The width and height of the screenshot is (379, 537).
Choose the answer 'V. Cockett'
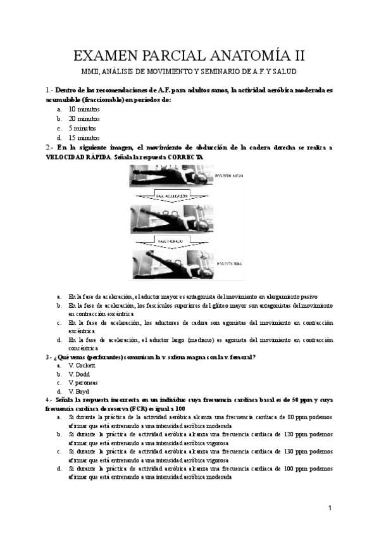pyautogui.click(x=82, y=365)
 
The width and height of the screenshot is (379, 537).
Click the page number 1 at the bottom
pyautogui.click(x=330, y=509)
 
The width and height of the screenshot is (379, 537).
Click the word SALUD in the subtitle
pyautogui.click(x=283, y=72)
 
